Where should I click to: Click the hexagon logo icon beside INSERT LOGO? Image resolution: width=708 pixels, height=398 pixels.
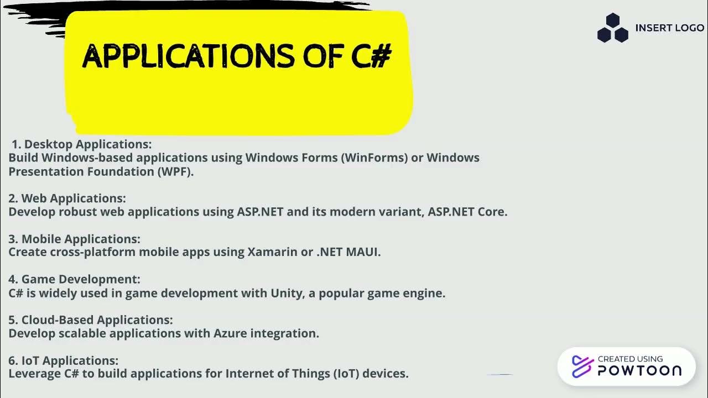(612, 28)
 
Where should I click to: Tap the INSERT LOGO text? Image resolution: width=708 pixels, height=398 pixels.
(669, 28)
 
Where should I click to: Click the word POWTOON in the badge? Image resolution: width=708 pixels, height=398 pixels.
(639, 370)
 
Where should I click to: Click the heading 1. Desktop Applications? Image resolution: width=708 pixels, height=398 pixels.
(81, 144)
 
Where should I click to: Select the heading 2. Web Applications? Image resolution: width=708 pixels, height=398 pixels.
(67, 198)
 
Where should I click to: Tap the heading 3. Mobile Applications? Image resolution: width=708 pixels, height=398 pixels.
(74, 239)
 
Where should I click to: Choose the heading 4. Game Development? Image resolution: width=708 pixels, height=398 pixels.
(74, 279)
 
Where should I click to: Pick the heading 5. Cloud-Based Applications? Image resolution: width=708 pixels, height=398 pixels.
(91, 320)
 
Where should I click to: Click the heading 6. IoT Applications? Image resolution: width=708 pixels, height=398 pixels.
(63, 360)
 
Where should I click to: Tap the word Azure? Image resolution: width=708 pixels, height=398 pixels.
(230, 333)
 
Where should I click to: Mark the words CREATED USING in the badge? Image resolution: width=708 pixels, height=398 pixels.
(630, 359)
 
